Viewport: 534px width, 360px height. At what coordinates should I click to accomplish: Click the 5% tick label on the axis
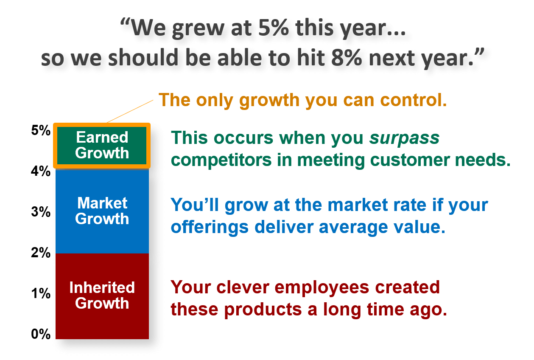click(41, 130)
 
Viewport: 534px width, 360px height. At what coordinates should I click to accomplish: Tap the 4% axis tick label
click(41, 171)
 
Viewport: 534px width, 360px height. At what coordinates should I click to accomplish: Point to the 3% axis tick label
click(41, 211)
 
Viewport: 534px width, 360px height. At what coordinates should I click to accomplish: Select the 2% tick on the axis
click(41, 253)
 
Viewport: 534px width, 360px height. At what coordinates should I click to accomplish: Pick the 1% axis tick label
click(41, 293)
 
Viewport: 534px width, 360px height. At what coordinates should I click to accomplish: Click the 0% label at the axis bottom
click(41, 334)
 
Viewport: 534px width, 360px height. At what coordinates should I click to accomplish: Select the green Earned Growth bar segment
click(102, 146)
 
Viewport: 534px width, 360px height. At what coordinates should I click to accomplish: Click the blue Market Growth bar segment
click(102, 211)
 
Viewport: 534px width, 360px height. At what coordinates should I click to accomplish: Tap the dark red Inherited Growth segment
click(102, 296)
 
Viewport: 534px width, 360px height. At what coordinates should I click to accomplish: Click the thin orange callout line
click(130, 111)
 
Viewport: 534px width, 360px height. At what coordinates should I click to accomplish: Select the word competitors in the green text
click(221, 160)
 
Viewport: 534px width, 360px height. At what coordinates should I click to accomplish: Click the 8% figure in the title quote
click(346, 58)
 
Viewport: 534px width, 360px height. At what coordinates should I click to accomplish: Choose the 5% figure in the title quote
click(273, 28)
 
